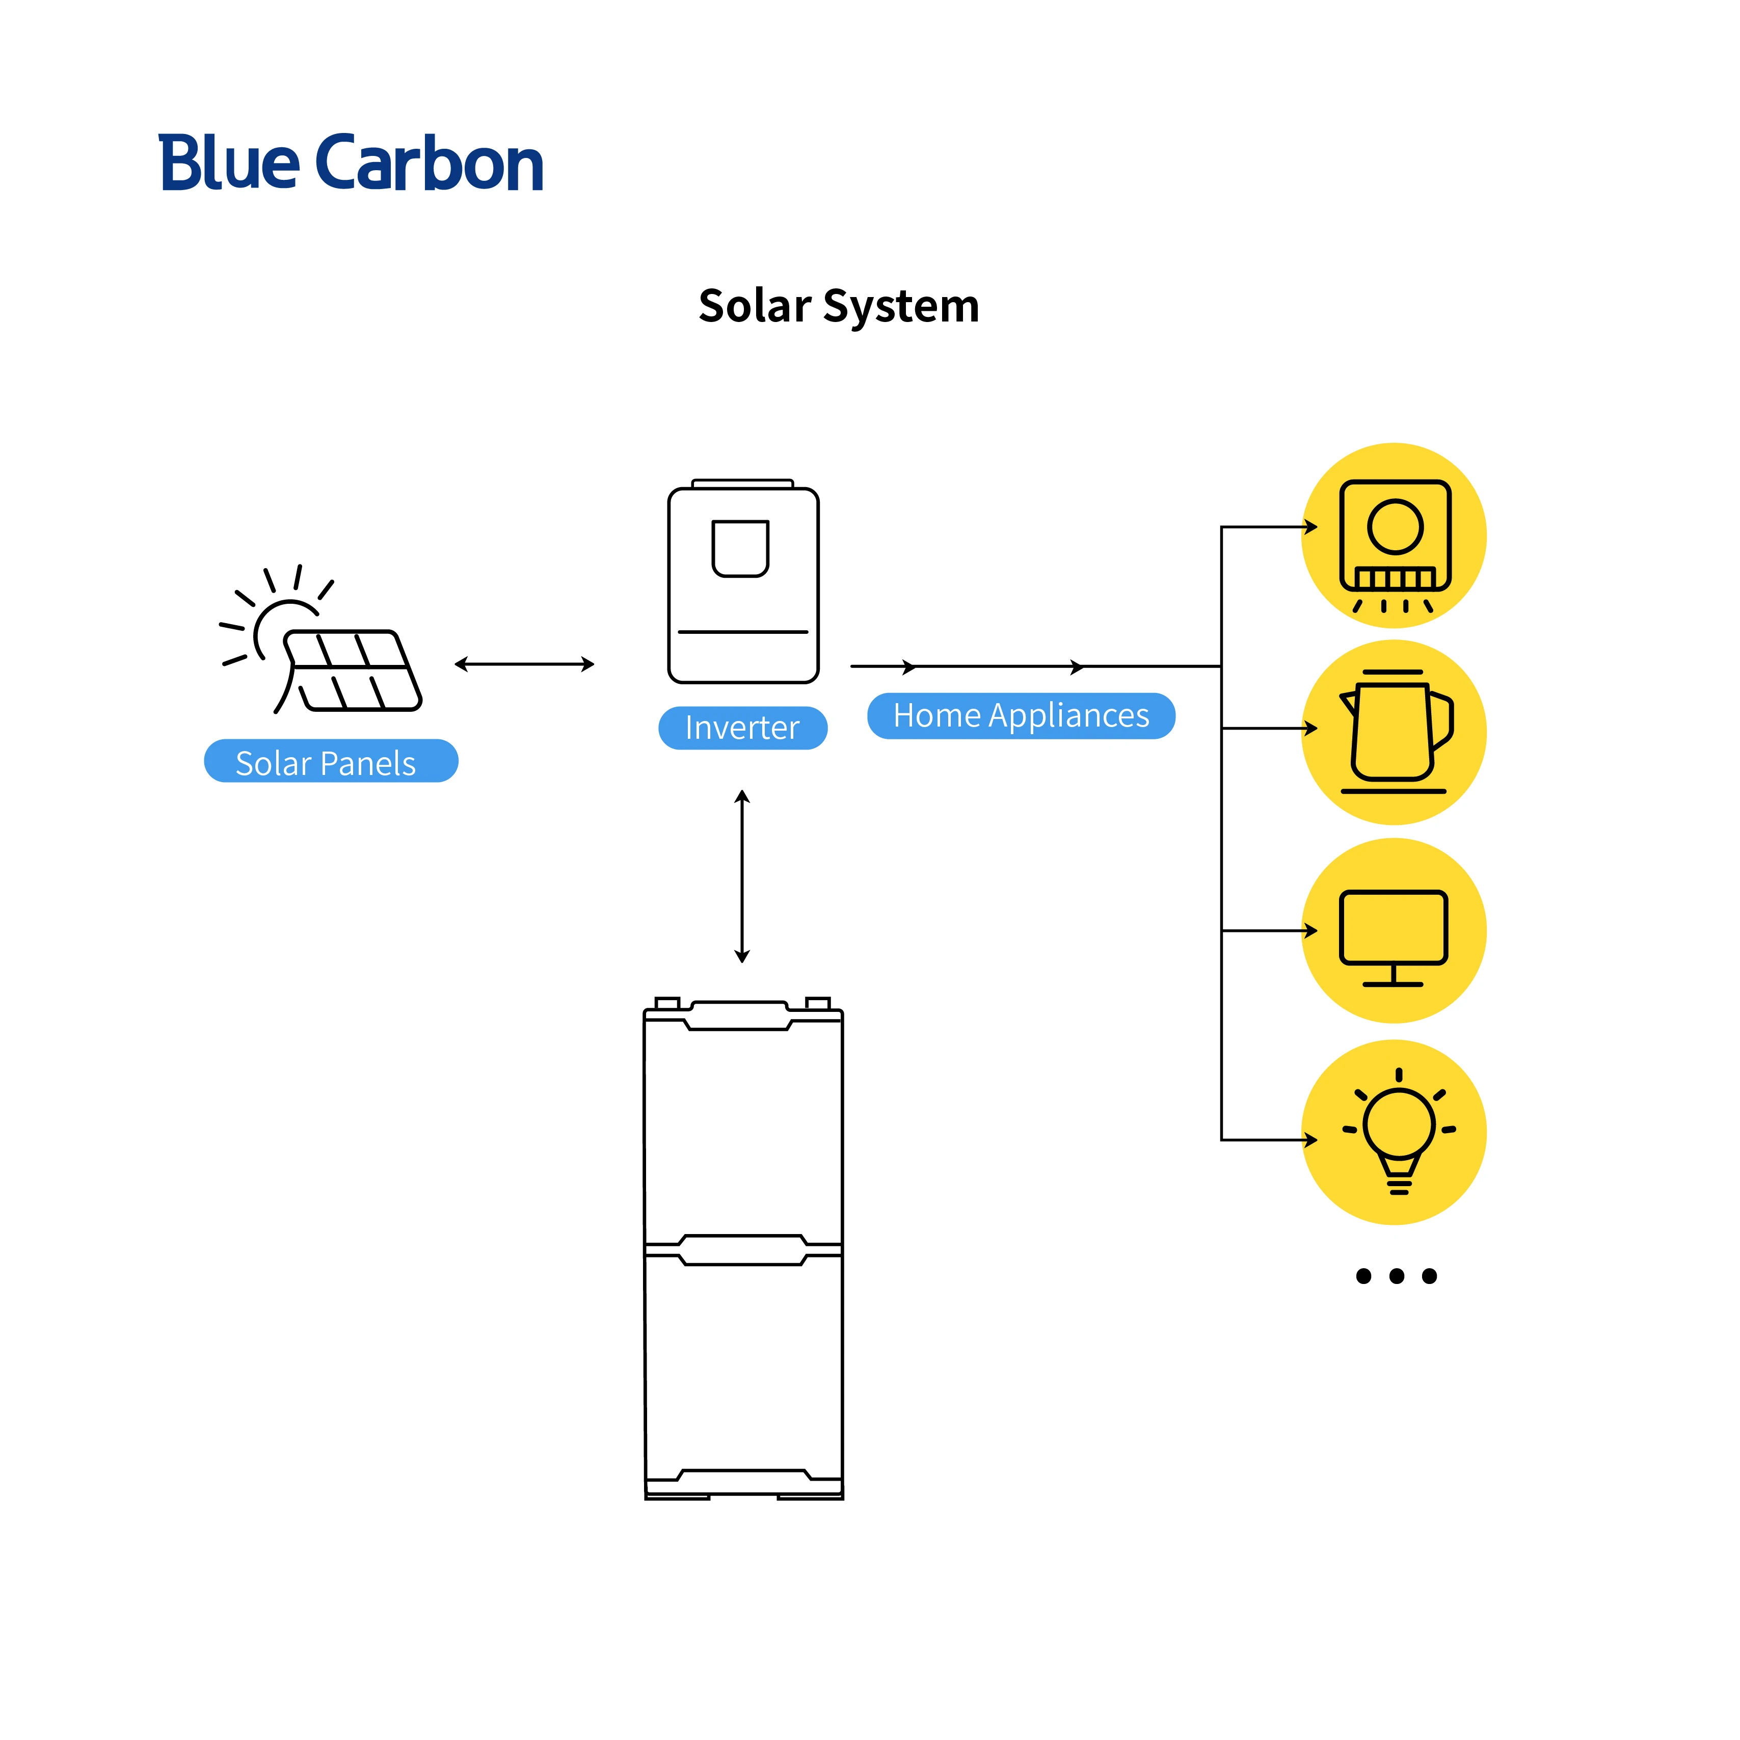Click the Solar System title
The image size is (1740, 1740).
pos(839,306)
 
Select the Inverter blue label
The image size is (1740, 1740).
pos(742,728)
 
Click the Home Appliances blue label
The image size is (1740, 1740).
pos(1021,716)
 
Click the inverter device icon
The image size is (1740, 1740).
pos(743,585)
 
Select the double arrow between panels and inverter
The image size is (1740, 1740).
pos(524,664)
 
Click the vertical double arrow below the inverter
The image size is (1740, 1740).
pos(742,876)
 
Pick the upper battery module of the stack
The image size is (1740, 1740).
pos(743,1126)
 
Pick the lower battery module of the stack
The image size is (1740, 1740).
pos(743,1369)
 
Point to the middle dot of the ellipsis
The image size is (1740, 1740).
pos(1396,1276)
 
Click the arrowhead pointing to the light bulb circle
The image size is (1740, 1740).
pos(1311,1140)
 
